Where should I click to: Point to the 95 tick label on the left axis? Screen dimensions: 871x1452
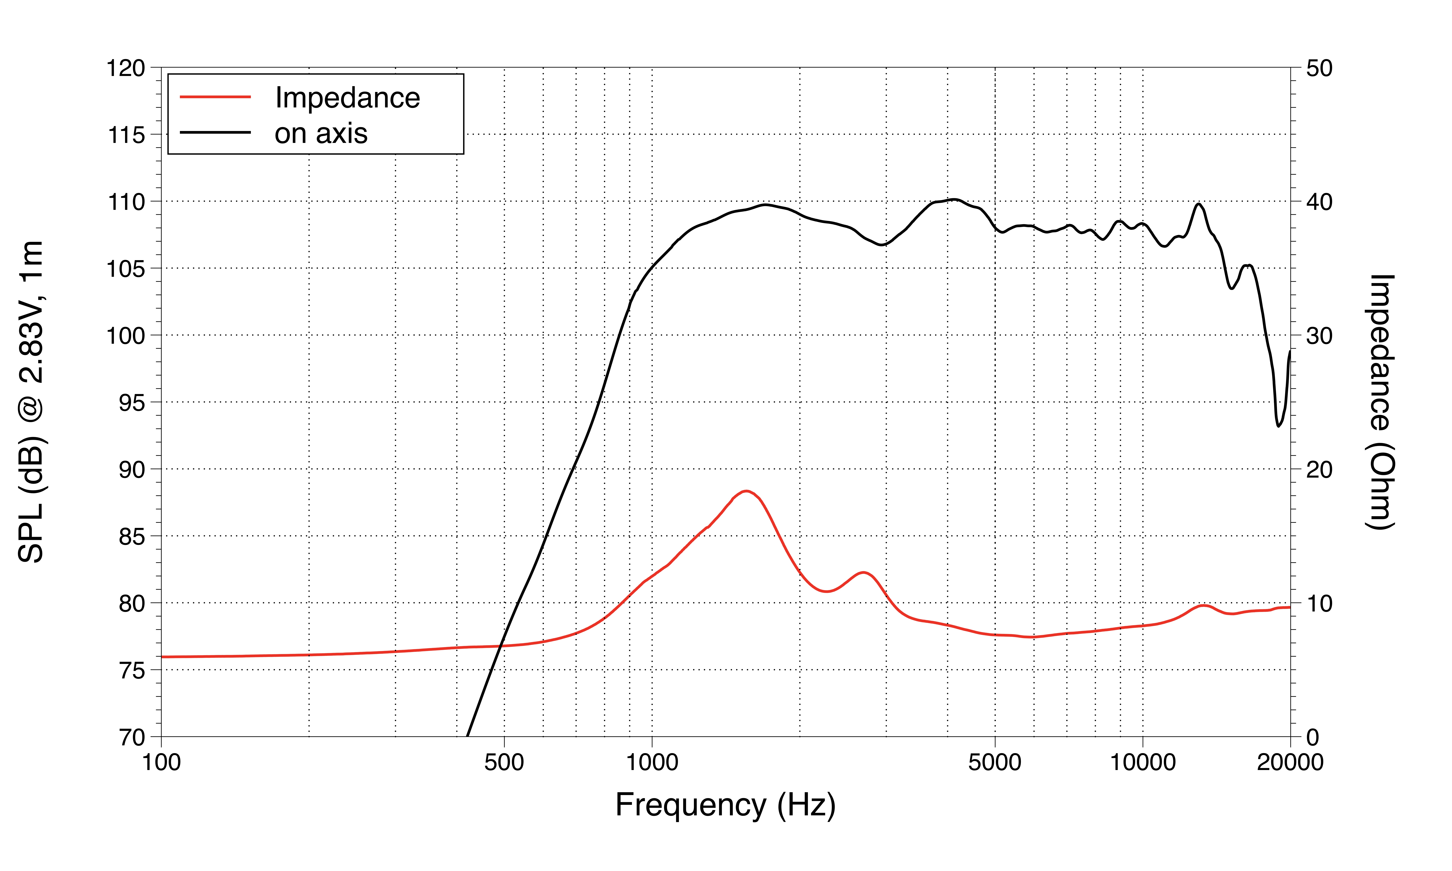click(x=131, y=403)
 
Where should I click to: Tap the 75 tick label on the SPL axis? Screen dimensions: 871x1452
click(x=131, y=671)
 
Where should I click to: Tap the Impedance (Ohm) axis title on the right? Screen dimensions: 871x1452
click(x=1380, y=402)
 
